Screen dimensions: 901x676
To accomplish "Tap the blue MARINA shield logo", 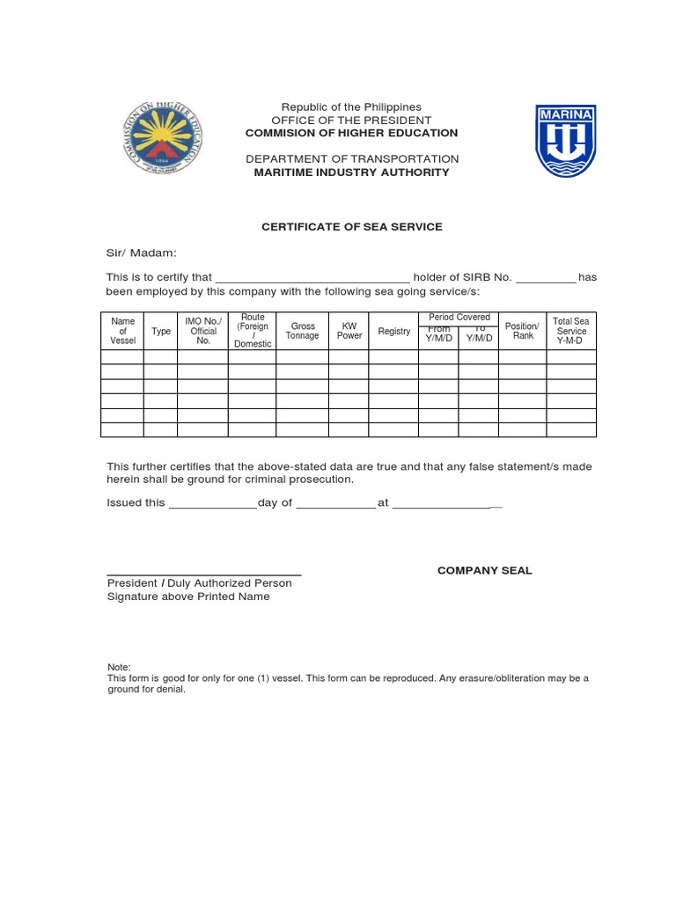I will pyautogui.click(x=566, y=140).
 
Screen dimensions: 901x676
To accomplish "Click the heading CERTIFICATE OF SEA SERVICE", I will pyautogui.click(x=351, y=227).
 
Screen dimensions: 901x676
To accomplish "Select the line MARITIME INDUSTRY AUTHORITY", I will pyautogui.click(x=351, y=172).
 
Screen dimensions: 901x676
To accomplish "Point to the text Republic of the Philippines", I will pyautogui.click(x=351, y=107).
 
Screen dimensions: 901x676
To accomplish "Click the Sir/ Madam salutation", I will pyautogui.click(x=142, y=253).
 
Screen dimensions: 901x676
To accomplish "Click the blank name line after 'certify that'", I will pyautogui.click(x=312, y=278).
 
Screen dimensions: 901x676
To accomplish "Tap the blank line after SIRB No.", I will pyautogui.click(x=545, y=278).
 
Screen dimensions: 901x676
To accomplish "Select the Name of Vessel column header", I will pyautogui.click(x=122, y=331).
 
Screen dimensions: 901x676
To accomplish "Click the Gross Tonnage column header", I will pyautogui.click(x=302, y=331).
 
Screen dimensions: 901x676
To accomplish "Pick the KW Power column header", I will pyautogui.click(x=349, y=331).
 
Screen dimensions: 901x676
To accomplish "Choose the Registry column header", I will pyautogui.click(x=394, y=332).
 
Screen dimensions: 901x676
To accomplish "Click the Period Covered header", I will pyautogui.click(x=459, y=318).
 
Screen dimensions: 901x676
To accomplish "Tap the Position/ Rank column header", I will pyautogui.click(x=522, y=331).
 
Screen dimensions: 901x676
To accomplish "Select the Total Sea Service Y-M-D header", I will pyautogui.click(x=570, y=331).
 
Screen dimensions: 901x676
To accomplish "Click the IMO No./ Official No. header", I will pyautogui.click(x=203, y=331).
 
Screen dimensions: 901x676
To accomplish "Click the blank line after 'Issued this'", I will pyautogui.click(x=212, y=505).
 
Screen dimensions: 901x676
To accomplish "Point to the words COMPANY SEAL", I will pyautogui.click(x=485, y=570).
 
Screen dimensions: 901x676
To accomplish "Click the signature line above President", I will pyautogui.click(x=203, y=573).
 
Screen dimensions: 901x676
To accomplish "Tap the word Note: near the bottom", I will pyautogui.click(x=119, y=668).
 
